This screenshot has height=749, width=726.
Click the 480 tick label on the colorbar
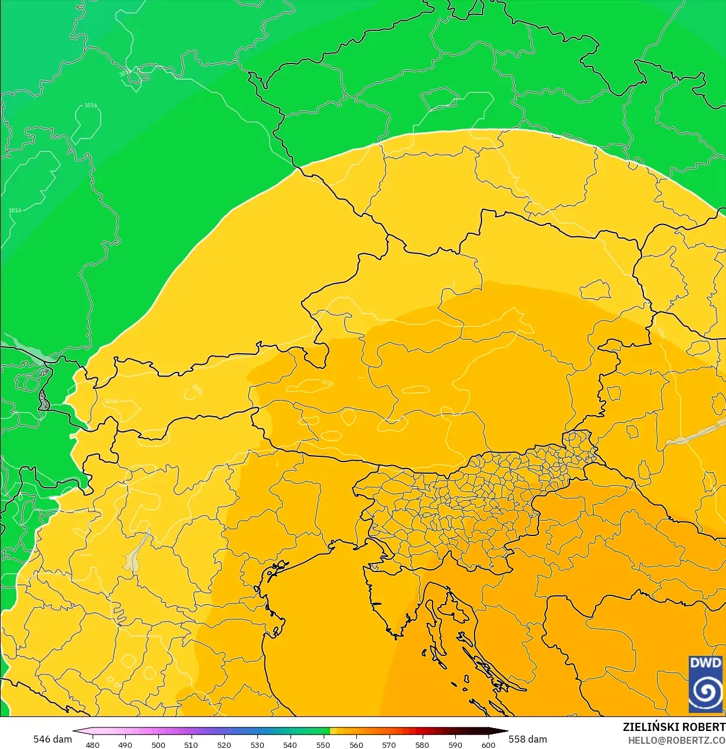[x=93, y=744]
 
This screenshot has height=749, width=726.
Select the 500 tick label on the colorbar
[x=158, y=744]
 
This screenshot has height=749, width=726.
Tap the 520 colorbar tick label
[x=224, y=744]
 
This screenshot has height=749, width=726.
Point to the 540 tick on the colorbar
[x=290, y=744]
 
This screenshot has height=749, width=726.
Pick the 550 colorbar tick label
[x=323, y=744]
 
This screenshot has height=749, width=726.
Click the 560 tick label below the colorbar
[x=356, y=744]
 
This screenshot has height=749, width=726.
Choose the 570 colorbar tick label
[x=389, y=744]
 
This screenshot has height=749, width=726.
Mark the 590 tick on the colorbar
[x=455, y=744]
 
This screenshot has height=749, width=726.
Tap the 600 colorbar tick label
[x=488, y=744]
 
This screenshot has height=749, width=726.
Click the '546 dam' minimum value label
[x=52, y=739]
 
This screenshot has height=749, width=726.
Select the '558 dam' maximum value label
[x=527, y=739]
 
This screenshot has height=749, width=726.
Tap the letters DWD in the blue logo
[x=706, y=663]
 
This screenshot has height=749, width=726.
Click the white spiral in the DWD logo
[x=706, y=693]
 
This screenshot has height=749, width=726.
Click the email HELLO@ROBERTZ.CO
[x=677, y=740]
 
